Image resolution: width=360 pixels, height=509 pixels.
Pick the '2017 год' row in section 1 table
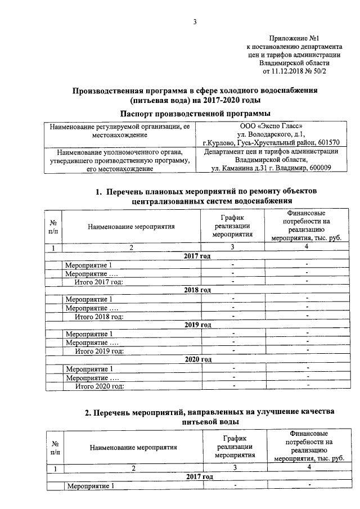[x=197, y=256]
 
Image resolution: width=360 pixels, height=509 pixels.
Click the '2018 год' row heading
[x=197, y=290]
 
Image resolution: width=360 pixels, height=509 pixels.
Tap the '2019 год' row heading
[x=197, y=325]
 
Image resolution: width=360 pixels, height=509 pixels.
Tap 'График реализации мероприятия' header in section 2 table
[x=235, y=447]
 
